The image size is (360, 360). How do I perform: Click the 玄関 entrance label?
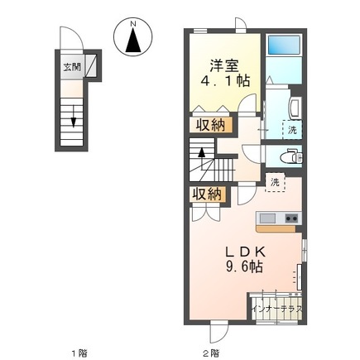point(72,67)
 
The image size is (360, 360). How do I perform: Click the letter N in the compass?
point(133,24)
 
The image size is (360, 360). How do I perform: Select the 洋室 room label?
point(224,65)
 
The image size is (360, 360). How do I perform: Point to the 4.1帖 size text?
point(225,81)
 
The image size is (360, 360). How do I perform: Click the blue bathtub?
point(284,45)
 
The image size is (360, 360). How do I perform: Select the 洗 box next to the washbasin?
point(292,130)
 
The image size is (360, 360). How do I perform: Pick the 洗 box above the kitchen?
point(275,182)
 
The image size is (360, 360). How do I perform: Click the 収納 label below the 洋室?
point(211,126)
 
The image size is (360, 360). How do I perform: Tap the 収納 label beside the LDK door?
point(207,194)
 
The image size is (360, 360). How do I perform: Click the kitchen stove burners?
point(291,218)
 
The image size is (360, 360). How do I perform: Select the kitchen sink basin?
point(267,218)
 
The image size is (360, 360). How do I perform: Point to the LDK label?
point(246,252)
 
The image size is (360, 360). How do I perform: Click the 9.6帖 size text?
point(244,266)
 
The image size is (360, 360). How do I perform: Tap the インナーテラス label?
point(277,309)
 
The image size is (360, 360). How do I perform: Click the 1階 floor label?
point(79,353)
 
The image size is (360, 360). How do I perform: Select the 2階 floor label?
point(212,353)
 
